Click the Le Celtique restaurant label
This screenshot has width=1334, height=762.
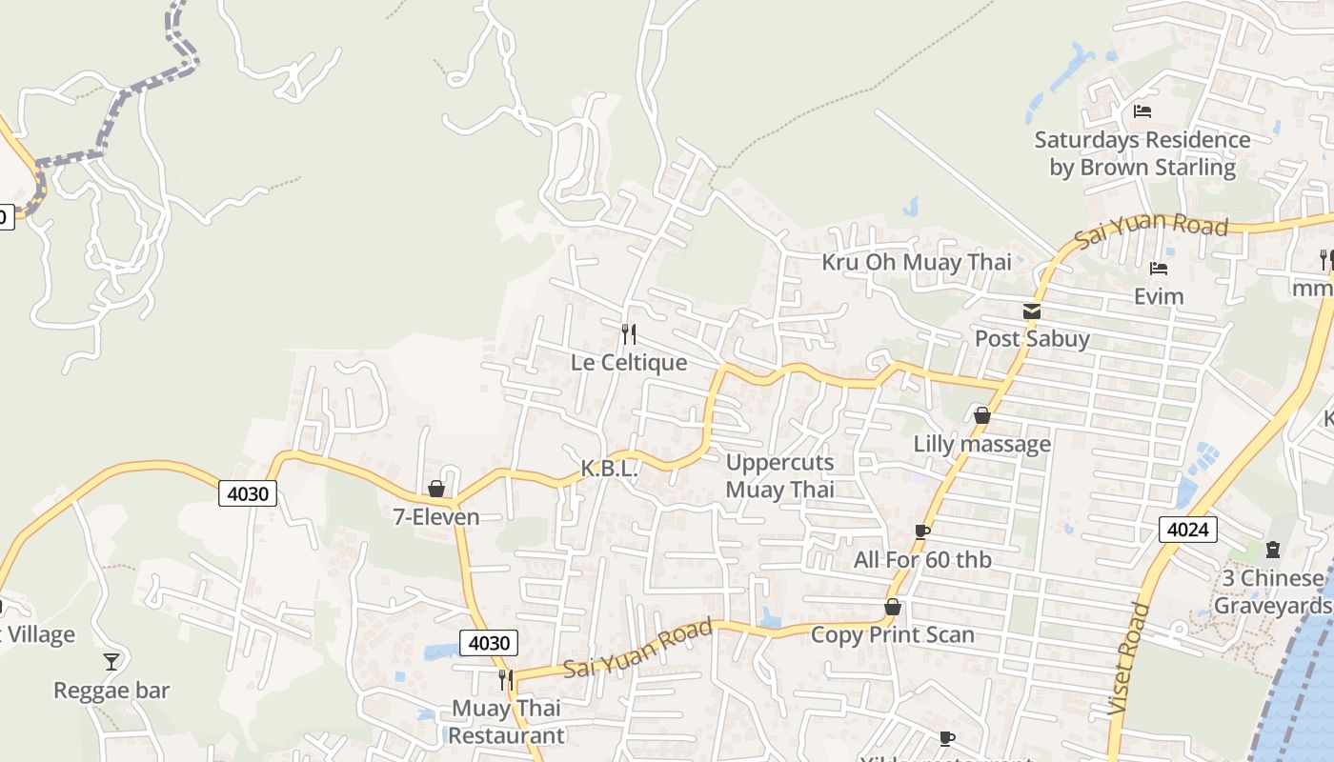click(x=629, y=363)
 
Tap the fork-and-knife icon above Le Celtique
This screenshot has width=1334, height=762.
click(x=628, y=333)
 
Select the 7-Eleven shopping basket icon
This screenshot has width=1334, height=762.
click(x=436, y=489)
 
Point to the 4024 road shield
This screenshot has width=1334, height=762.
click(x=1188, y=530)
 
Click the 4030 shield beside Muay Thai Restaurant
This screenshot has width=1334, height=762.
click(x=489, y=643)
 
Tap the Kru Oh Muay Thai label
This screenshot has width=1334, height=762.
click(x=917, y=262)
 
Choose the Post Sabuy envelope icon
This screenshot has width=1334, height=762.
click(x=1032, y=311)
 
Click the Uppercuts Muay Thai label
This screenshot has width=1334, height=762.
click(x=779, y=476)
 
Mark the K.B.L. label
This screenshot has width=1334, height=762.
click(x=609, y=470)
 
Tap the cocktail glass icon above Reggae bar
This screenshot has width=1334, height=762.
click(x=111, y=661)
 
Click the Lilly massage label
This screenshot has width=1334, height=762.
click(x=982, y=444)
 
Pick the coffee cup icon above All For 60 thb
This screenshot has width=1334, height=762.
click(x=921, y=531)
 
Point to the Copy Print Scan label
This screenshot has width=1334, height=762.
click(x=892, y=635)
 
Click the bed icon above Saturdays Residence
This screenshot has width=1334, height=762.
click(x=1142, y=111)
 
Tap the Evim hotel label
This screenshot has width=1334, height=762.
click(x=1159, y=297)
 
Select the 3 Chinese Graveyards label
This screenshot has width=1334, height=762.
click(x=1270, y=592)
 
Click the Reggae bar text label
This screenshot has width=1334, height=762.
click(x=111, y=691)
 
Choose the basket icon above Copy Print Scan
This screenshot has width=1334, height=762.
click(x=893, y=607)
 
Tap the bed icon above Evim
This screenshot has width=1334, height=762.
click(x=1159, y=269)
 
